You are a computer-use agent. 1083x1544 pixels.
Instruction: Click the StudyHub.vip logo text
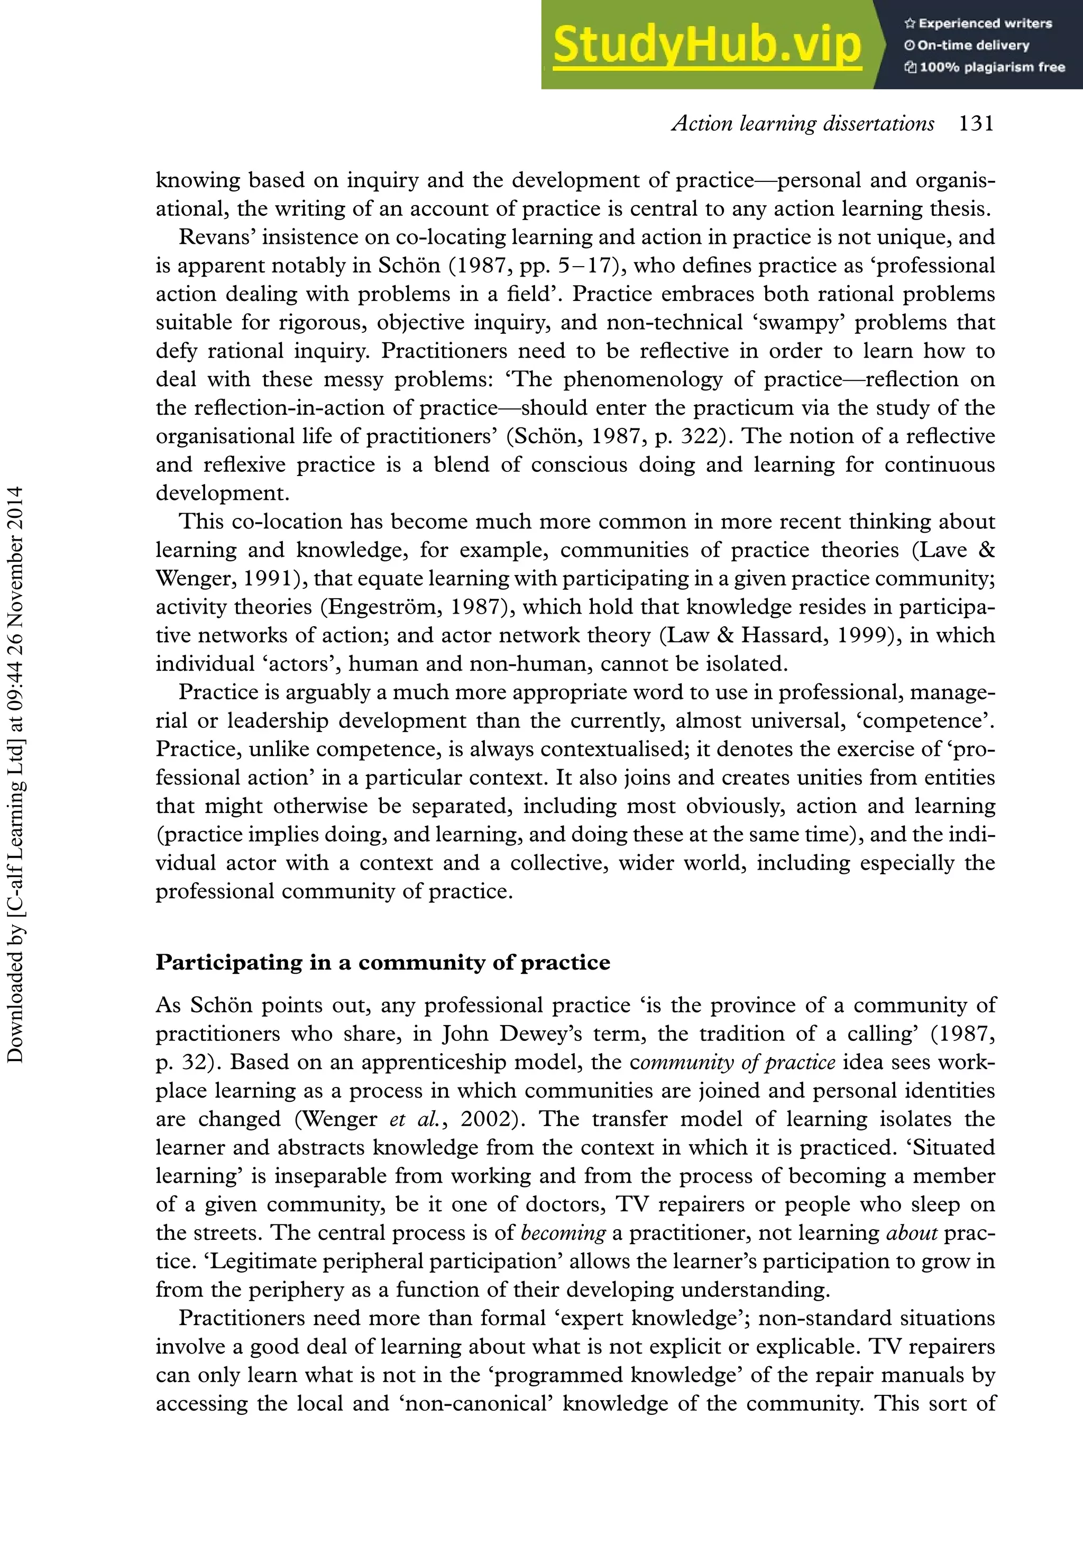tap(706, 45)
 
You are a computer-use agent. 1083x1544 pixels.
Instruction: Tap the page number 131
tap(976, 124)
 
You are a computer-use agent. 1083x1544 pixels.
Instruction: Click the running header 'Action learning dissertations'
tap(803, 124)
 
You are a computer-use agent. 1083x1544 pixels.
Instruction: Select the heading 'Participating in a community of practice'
tap(382, 962)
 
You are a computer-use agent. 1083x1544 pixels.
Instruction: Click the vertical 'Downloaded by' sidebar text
tap(15, 773)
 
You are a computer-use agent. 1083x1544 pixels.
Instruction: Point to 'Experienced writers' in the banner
tap(985, 23)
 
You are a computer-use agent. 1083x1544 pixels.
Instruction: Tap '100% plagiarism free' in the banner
tap(992, 67)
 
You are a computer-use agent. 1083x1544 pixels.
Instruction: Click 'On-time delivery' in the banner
tap(973, 45)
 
